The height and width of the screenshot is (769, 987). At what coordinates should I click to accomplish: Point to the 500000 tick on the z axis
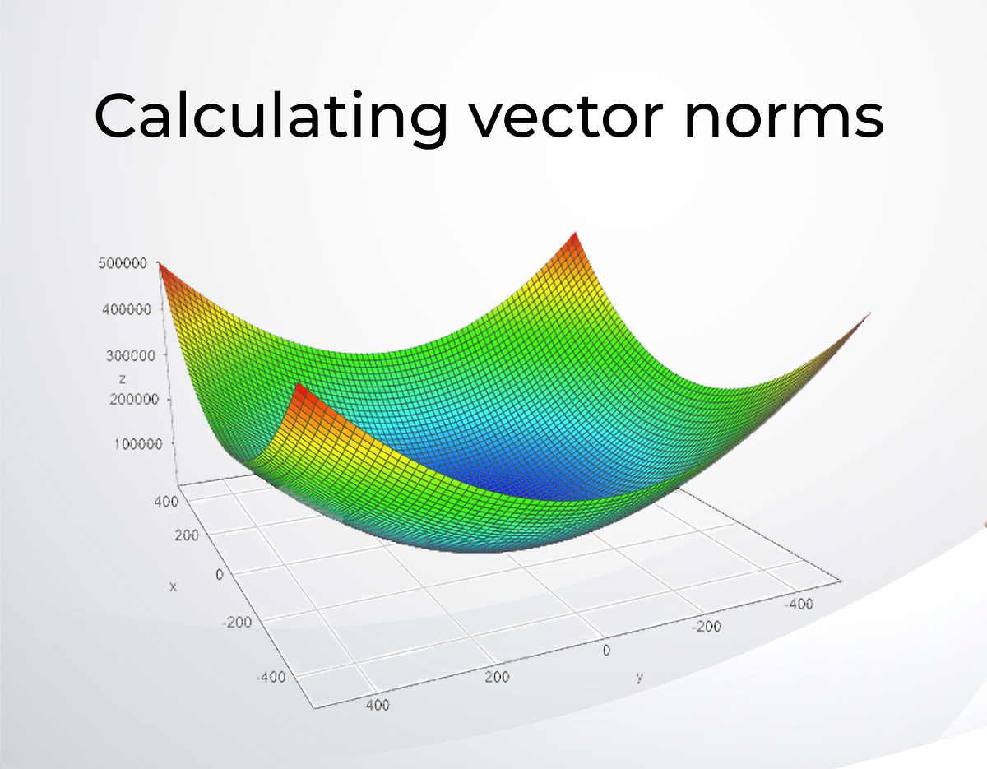point(121,264)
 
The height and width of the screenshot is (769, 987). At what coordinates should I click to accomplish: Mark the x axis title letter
point(173,586)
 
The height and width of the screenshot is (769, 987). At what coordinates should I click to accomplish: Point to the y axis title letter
point(638,677)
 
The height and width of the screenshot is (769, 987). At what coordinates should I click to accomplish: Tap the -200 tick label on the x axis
point(239,623)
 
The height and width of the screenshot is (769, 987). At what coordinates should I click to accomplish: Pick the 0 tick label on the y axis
point(606,650)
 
